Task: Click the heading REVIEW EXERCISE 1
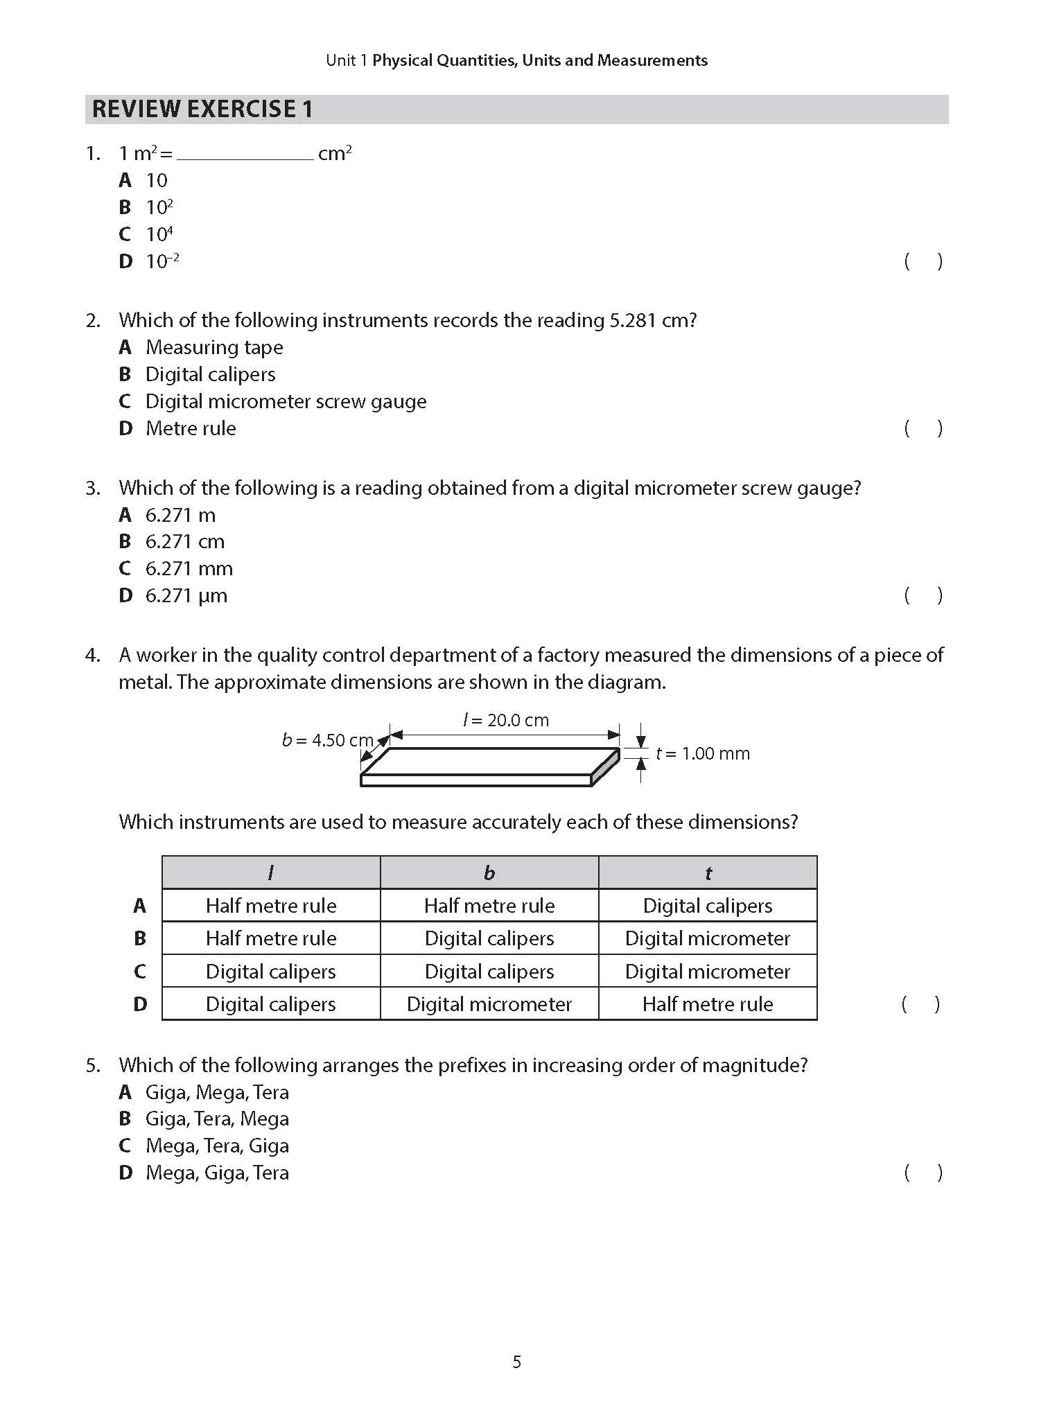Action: click(x=202, y=109)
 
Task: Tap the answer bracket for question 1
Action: click(x=923, y=261)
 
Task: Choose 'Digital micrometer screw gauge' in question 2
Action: click(x=286, y=401)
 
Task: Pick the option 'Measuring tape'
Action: click(x=214, y=347)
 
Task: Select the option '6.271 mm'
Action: click(x=189, y=569)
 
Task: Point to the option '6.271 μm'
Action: click(x=186, y=596)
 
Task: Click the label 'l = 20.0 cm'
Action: click(x=506, y=720)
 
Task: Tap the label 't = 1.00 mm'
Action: click(x=703, y=753)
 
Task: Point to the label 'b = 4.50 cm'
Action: click(x=327, y=740)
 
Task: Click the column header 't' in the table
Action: click(x=708, y=873)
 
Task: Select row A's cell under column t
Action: click(x=708, y=906)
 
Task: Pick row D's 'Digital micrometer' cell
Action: click(x=489, y=1004)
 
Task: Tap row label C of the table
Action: click(x=140, y=972)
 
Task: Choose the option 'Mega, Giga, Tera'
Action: click(x=217, y=1173)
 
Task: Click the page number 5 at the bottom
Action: click(x=517, y=1362)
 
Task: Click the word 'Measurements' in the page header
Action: click(x=652, y=60)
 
